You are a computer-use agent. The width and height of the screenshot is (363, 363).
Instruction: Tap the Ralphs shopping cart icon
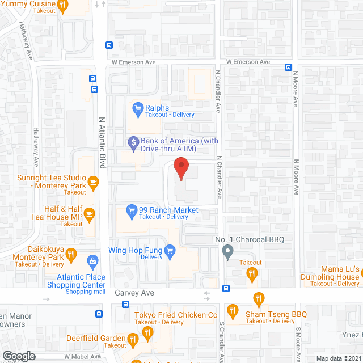[x=137, y=108]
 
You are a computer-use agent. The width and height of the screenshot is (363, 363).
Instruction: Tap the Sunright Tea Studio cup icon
[x=93, y=181]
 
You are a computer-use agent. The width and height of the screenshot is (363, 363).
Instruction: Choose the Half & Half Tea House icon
[x=90, y=213]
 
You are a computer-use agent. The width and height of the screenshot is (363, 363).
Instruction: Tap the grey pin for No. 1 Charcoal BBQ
[x=227, y=250]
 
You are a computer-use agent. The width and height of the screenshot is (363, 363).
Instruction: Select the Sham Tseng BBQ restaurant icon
[x=232, y=311]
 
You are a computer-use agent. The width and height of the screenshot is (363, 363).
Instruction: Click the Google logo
[x=19, y=356]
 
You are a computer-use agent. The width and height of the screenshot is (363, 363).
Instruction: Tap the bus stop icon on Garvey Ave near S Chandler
[x=226, y=288]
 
